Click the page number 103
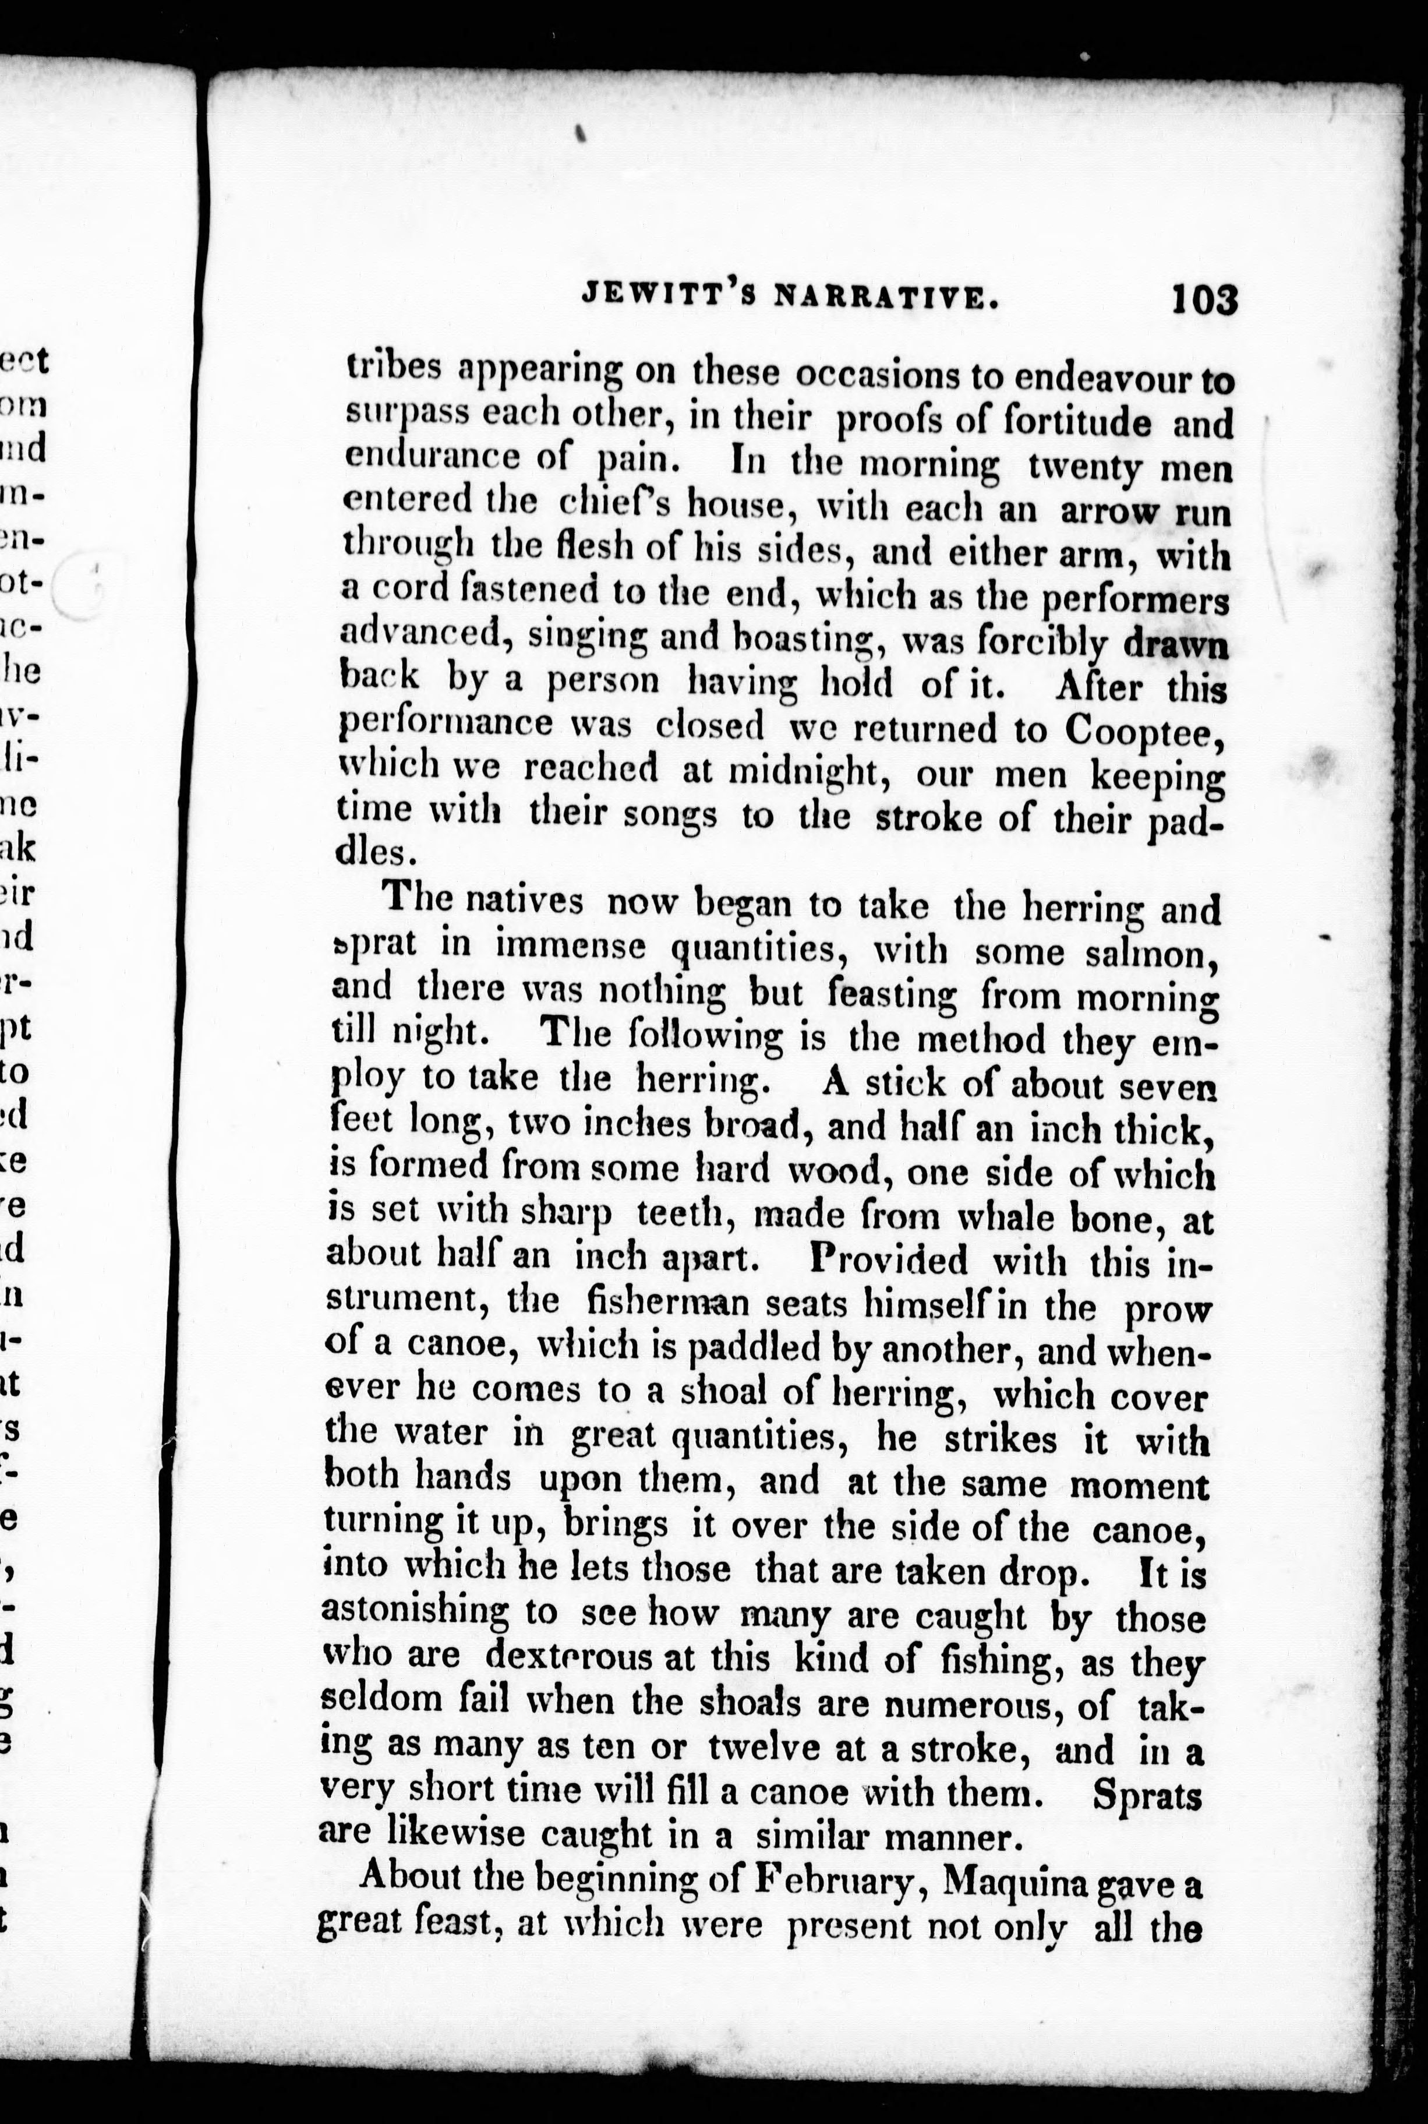pyautogui.click(x=1203, y=299)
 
